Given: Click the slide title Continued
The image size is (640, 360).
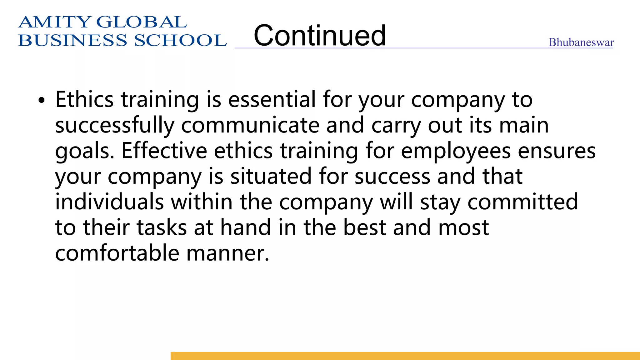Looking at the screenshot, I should click(x=320, y=36).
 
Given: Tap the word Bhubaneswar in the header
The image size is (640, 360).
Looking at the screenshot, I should click(x=581, y=42).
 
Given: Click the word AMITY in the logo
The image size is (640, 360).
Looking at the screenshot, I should click(x=55, y=22).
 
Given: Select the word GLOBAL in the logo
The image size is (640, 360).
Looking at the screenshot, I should click(x=142, y=22).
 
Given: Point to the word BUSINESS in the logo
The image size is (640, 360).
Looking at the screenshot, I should click(x=73, y=41).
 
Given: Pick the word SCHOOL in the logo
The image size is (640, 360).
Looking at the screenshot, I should click(x=180, y=41).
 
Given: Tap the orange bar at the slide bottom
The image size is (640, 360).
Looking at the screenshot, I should click(x=405, y=356).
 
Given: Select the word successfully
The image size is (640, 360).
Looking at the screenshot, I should click(x=114, y=126).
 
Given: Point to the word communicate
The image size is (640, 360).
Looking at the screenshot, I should click(x=250, y=126).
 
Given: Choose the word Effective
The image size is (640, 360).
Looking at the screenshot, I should click(x=164, y=151).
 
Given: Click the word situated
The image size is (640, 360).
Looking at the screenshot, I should click(x=271, y=177).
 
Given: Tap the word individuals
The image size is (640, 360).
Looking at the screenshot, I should click(x=109, y=202).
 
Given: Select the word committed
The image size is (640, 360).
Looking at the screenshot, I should click(x=522, y=202).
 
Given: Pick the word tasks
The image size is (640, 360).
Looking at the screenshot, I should click(x=162, y=227).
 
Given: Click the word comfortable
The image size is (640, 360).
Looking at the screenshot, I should click(x=117, y=253).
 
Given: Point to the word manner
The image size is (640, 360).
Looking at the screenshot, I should click(x=227, y=254).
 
